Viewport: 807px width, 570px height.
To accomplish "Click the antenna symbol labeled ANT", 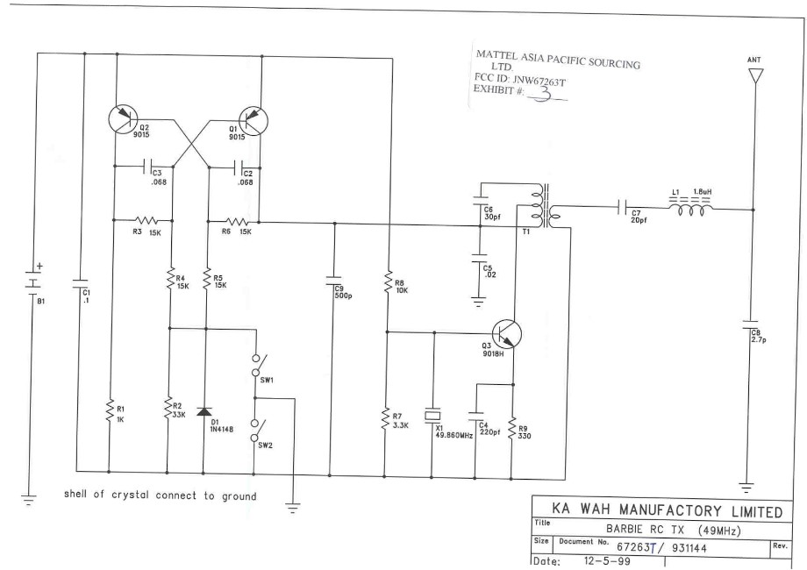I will [753, 77].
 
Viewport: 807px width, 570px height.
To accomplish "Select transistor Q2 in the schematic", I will [125, 120].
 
